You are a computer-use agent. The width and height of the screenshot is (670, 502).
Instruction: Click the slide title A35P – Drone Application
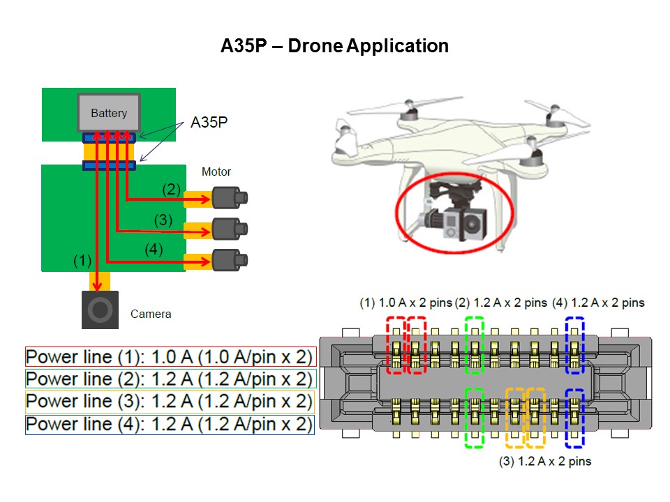[335, 47]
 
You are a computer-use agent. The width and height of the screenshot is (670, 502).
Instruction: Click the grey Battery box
[109, 112]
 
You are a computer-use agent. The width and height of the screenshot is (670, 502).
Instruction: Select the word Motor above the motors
[216, 172]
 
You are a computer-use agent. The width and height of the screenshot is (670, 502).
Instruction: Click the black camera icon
[100, 310]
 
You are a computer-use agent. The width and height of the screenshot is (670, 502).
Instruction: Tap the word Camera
[151, 314]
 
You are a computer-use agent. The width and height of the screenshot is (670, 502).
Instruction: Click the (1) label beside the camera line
[83, 261]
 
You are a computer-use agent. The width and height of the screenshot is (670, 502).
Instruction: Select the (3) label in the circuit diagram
[163, 220]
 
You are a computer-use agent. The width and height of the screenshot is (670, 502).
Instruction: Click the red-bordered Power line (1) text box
[170, 357]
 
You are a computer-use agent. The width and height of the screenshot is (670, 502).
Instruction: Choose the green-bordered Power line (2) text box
[170, 379]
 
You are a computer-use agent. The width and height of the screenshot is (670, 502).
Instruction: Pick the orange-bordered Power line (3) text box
[170, 401]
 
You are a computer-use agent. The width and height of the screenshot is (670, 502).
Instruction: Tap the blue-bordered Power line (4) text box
[170, 423]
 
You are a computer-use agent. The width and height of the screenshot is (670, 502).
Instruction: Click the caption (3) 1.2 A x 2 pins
[545, 461]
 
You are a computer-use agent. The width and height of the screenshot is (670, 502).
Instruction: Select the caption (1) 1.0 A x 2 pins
[405, 303]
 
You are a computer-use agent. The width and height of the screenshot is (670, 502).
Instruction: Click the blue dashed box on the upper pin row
[574, 344]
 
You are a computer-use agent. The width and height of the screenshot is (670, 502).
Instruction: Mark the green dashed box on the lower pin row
[475, 417]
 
